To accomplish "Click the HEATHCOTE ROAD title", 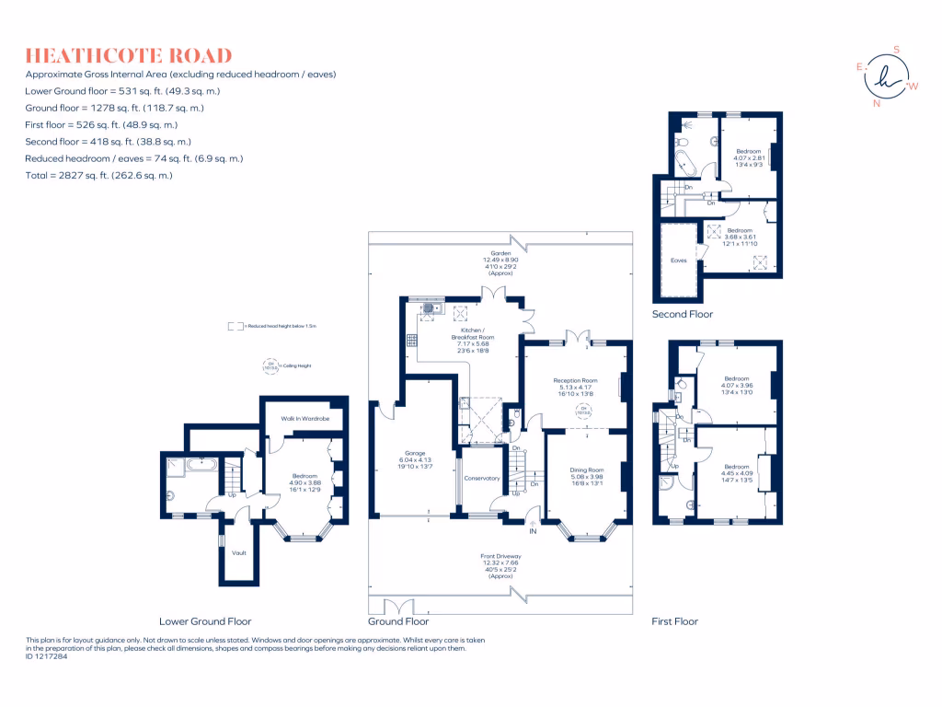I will pos(129,56).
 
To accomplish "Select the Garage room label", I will pos(415,453).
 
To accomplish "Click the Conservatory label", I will pos(482,478).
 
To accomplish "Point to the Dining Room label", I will pos(585,469).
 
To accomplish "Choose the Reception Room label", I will pos(575,380).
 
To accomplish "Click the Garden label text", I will pos(500,253).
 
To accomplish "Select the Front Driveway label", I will pos(500,556).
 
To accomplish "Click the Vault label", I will pos(239,552).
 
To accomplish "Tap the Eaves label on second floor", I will pos(679,261).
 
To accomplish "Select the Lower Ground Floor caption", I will pos(205,621).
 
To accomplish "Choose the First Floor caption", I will pos(675,621).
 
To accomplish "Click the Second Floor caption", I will pos(683,314).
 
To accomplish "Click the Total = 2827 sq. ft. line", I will pos(99,175).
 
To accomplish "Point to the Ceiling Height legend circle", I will pos(270,366).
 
